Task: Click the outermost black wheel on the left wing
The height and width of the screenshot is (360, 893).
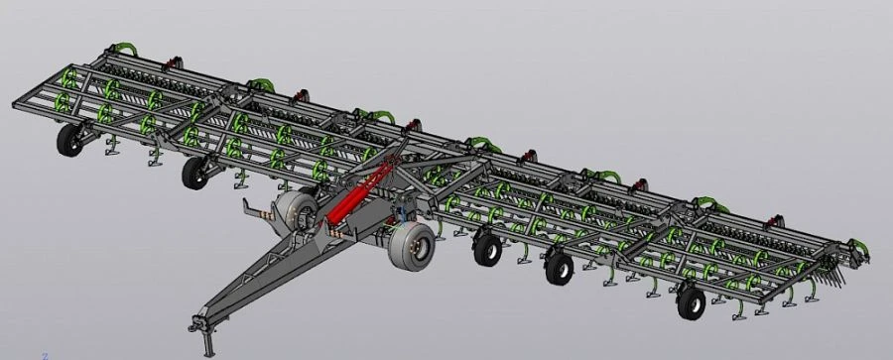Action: coord(69,140)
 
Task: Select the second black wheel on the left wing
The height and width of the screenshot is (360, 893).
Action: coord(194,173)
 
